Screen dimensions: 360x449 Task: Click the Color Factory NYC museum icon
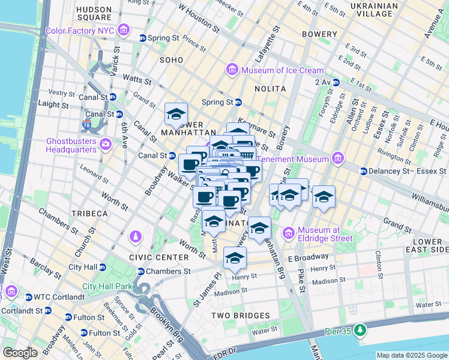124,29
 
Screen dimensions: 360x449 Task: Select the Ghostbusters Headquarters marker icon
106,144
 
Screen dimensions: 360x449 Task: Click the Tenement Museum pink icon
338,159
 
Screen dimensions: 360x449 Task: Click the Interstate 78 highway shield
86,125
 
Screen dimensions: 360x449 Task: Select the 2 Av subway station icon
337,82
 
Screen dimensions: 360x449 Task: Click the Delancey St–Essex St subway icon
363,171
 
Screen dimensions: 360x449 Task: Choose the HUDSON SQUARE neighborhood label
94,14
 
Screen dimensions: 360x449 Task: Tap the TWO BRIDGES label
240,316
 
